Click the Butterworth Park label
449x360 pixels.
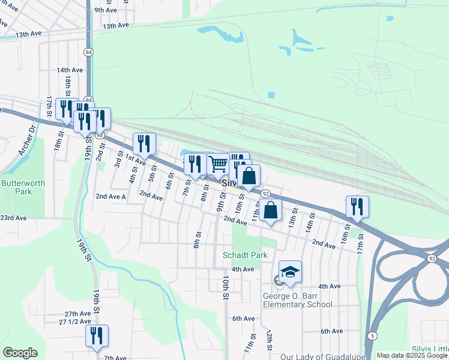tap(16, 187)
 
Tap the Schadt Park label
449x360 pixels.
tap(245, 255)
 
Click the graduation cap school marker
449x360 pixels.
tap(290, 272)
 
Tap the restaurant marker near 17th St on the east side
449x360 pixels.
tap(357, 206)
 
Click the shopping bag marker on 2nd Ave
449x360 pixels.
tap(271, 211)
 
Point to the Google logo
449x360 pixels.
tap(20, 353)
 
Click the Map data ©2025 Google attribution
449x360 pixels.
tap(411, 355)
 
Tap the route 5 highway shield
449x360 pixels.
tap(373, 336)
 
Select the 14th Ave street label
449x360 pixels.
tap(69, 70)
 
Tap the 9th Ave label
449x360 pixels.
tap(105, 10)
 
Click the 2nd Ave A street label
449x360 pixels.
tap(110, 197)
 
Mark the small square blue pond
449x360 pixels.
tap(271, 95)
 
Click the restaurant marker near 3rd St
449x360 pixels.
tap(144, 143)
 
